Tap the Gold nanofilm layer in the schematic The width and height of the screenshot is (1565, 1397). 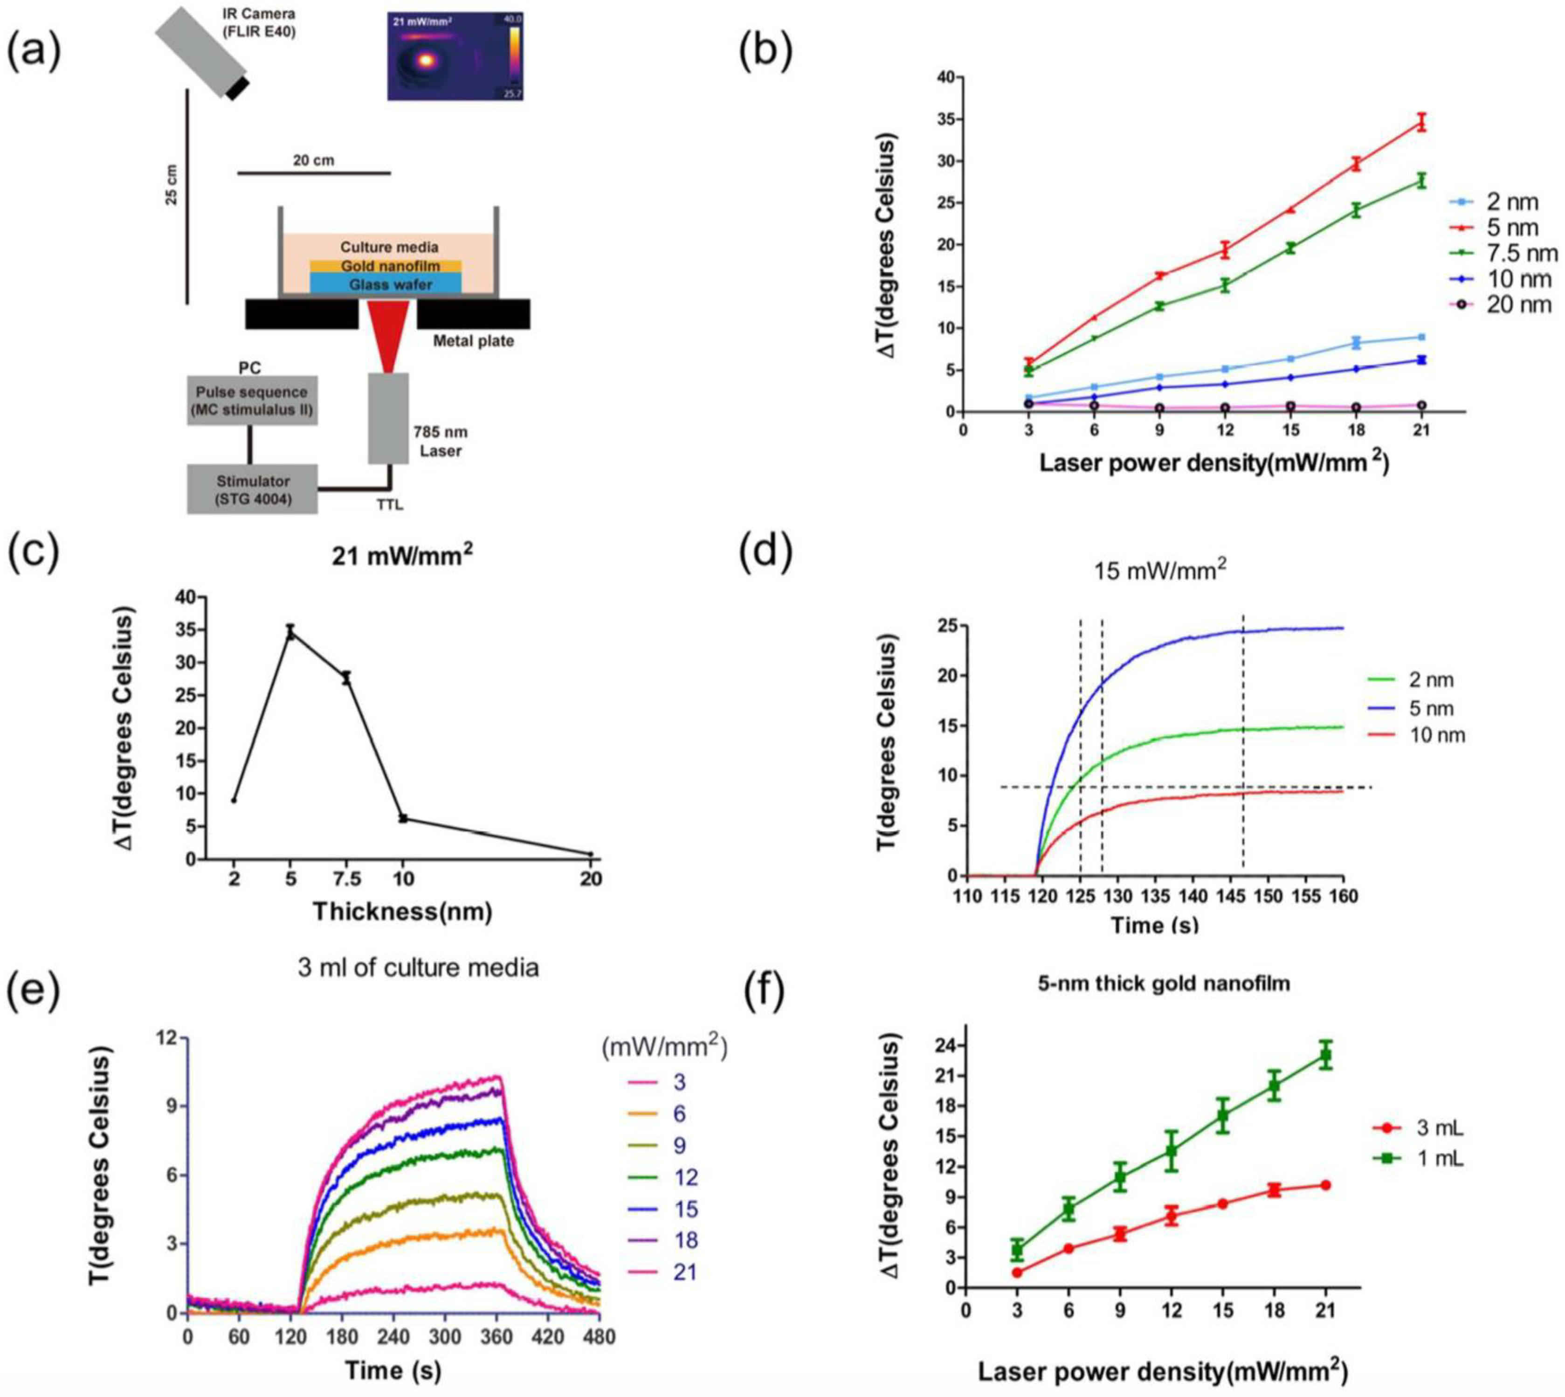click(x=385, y=266)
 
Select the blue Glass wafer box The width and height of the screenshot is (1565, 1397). click(x=385, y=284)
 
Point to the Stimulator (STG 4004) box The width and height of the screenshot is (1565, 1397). click(x=253, y=489)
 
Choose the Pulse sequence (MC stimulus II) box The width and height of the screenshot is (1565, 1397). click(x=253, y=401)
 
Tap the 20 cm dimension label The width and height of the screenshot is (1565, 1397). click(x=313, y=160)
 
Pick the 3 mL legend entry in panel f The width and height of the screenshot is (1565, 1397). click(x=1432, y=1128)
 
